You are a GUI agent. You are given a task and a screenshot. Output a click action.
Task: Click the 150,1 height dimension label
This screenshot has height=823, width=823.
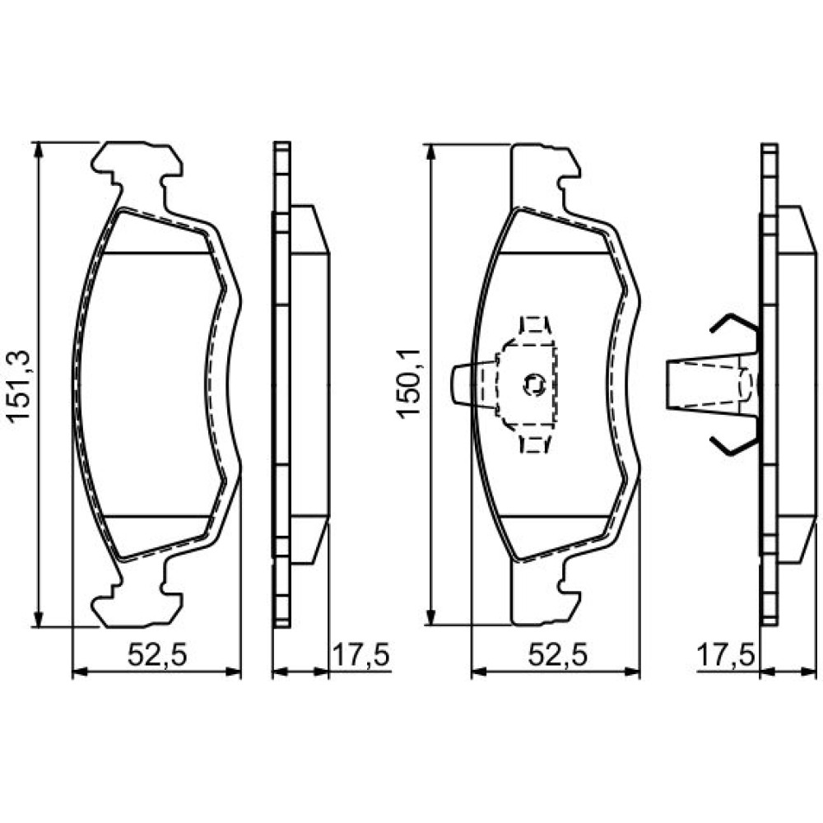[x=409, y=384]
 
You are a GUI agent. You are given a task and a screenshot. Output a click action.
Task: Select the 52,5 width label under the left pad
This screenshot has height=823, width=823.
[x=157, y=656]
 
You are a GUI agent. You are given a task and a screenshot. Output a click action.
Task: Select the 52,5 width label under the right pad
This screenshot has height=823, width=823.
[x=557, y=656]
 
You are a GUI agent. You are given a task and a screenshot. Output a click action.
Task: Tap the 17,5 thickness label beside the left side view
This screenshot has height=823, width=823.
[x=360, y=656]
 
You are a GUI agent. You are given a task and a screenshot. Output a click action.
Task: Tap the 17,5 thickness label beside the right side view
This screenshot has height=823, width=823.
[x=725, y=656]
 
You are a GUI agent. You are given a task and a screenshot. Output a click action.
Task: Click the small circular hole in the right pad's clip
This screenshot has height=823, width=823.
[x=535, y=384]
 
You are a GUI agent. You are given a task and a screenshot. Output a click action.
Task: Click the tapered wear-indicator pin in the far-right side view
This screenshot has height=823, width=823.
[x=712, y=384]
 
